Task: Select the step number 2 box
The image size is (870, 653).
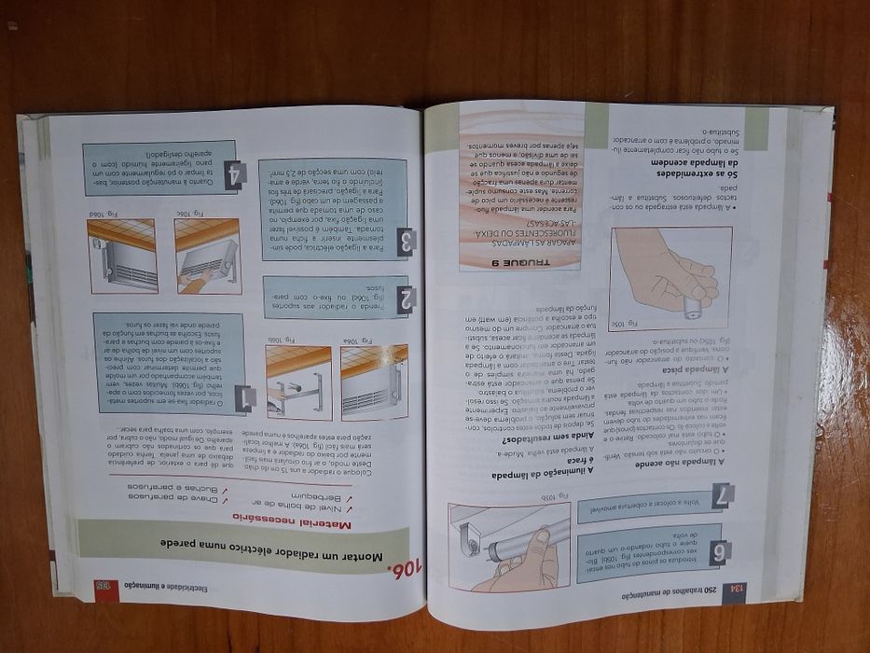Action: click(x=407, y=299)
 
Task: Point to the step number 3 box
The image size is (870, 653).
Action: click(x=406, y=243)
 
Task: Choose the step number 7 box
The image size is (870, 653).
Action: click(x=721, y=499)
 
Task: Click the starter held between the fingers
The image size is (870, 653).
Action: click(x=694, y=305)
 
